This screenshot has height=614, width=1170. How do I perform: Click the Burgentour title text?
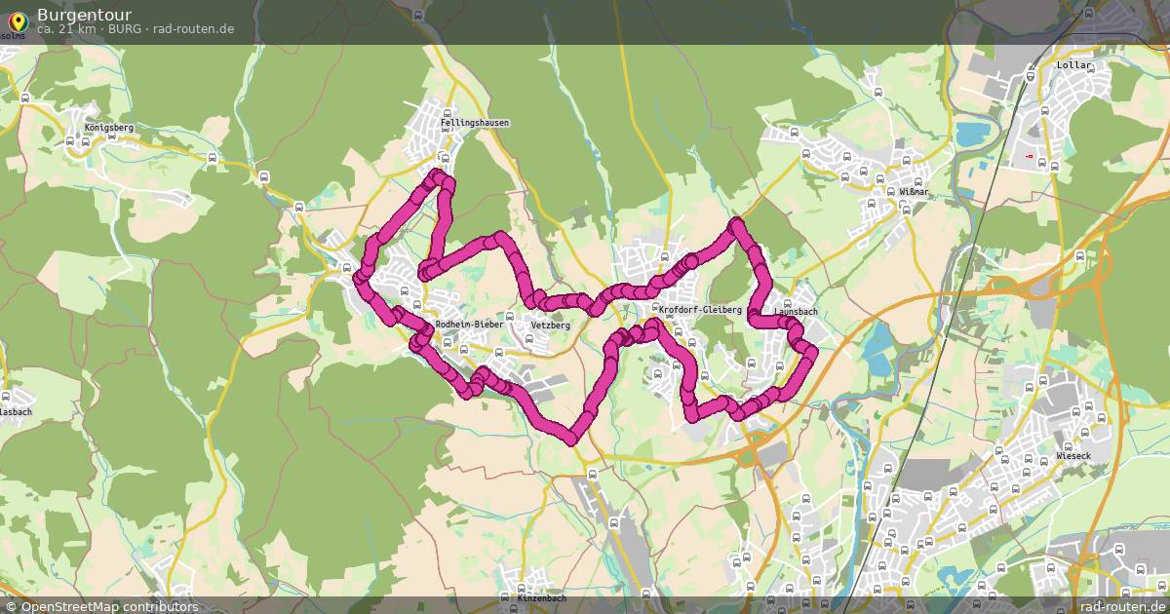click(x=84, y=15)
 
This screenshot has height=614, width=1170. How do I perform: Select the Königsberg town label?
click(x=109, y=128)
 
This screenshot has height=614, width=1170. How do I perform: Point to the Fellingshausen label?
click(x=474, y=124)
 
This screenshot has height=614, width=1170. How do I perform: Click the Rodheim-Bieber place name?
click(x=469, y=324)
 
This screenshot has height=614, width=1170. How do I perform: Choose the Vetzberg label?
click(x=550, y=326)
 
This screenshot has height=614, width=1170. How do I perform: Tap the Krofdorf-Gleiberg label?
click(x=700, y=310)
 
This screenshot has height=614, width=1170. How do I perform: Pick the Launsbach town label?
click(x=796, y=312)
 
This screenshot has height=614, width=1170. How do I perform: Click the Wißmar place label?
click(x=915, y=193)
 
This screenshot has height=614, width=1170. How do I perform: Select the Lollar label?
click(x=1075, y=65)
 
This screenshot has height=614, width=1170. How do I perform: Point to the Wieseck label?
click(x=1075, y=456)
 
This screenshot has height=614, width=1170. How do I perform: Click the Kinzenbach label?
click(x=541, y=596)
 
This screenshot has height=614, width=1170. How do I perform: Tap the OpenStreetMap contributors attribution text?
click(x=108, y=606)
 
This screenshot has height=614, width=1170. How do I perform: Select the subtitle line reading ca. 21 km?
click(x=135, y=29)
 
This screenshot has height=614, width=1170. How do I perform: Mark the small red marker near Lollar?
click(x=1030, y=155)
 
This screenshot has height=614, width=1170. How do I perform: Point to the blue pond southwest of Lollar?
click(x=971, y=134)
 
